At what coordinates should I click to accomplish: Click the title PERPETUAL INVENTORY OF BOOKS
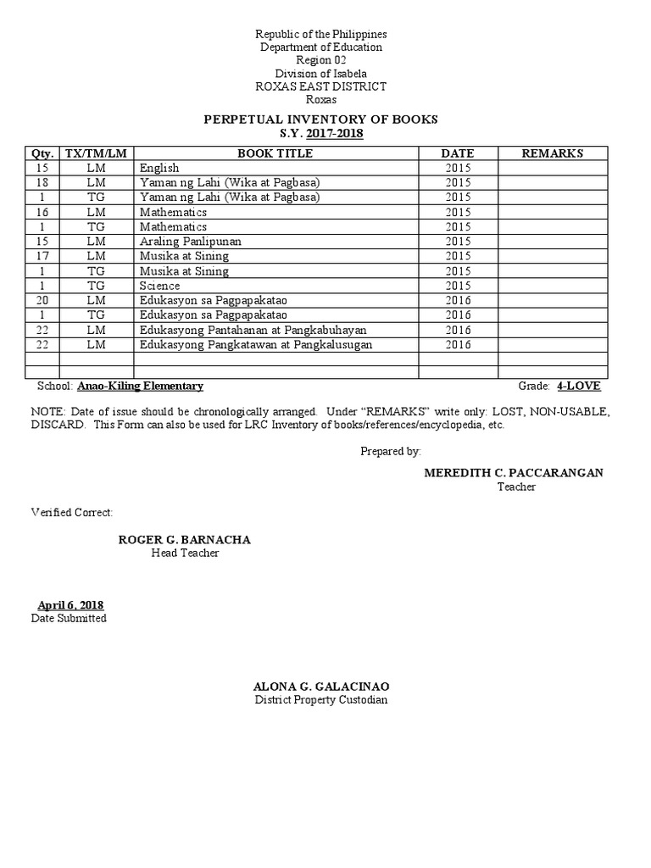coord(320,120)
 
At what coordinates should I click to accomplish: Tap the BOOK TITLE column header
coord(275,153)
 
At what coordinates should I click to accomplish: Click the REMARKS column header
coord(552,153)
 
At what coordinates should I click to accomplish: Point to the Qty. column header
coord(42,153)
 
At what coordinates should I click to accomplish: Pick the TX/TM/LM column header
coord(97,153)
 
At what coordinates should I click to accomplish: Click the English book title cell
coord(159,168)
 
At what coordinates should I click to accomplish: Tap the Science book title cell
coord(160,286)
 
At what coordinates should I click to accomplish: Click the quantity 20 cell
coord(42,300)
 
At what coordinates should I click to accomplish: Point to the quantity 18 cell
coord(42,182)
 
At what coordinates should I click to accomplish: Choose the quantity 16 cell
coord(42,212)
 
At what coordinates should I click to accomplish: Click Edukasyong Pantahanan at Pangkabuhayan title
coord(246,330)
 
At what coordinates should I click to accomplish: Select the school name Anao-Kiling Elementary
coord(141,386)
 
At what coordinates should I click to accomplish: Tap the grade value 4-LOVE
coord(579,386)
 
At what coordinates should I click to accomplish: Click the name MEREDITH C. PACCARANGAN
coord(514,472)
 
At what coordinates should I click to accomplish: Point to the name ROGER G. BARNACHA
coord(184,540)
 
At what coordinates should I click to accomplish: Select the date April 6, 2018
coord(70,604)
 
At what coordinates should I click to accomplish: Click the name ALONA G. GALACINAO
coord(321,686)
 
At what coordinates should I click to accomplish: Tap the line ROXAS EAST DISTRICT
coord(321,86)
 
